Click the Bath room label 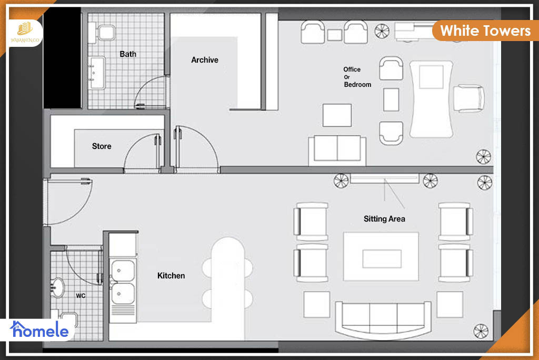(128, 54)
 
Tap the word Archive (205, 60)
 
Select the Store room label (102, 146)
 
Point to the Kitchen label (171, 275)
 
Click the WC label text (81, 296)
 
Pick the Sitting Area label (384, 218)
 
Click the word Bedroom (357, 85)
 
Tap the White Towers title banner (485, 31)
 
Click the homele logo (39, 330)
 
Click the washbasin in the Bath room (97, 73)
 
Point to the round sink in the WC (57, 287)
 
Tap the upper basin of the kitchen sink (123, 270)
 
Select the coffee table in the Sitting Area (381, 256)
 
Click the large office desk (431, 99)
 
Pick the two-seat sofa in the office (337, 151)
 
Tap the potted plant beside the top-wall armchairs (382, 31)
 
